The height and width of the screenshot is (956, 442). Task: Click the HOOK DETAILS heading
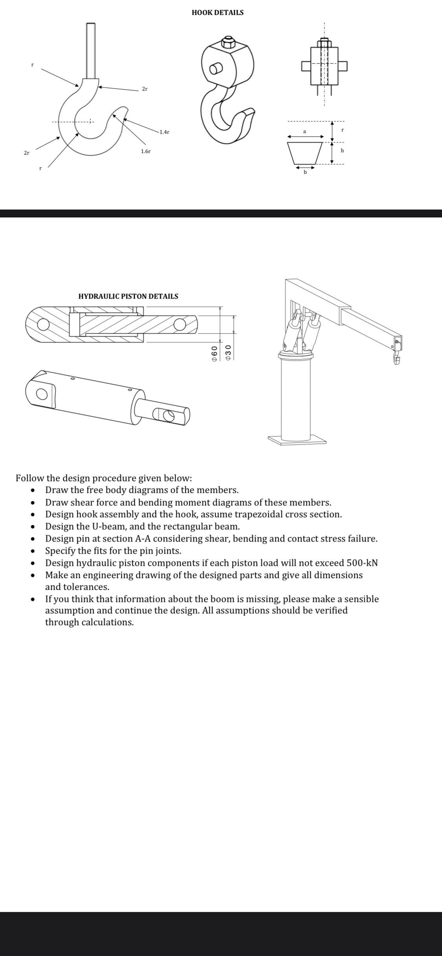point(217,13)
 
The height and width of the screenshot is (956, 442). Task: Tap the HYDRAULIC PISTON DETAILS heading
point(128,296)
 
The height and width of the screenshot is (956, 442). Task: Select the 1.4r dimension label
point(164,132)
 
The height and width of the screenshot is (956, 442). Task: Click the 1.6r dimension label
point(145,151)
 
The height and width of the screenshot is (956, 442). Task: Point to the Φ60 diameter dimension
point(215,354)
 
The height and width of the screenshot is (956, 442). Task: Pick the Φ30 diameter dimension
point(228,354)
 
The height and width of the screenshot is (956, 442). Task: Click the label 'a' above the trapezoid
point(304,131)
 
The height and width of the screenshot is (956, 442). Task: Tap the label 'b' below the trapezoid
point(304,171)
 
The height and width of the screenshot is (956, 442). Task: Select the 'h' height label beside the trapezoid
point(342,150)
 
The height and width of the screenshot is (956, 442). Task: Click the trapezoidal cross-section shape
point(305,153)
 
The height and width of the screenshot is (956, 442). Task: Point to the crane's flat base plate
point(297,440)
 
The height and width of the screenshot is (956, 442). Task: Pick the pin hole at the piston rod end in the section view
point(180,324)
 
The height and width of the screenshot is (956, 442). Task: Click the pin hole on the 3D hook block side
point(215,69)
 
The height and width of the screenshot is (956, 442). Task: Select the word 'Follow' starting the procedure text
point(30,478)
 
